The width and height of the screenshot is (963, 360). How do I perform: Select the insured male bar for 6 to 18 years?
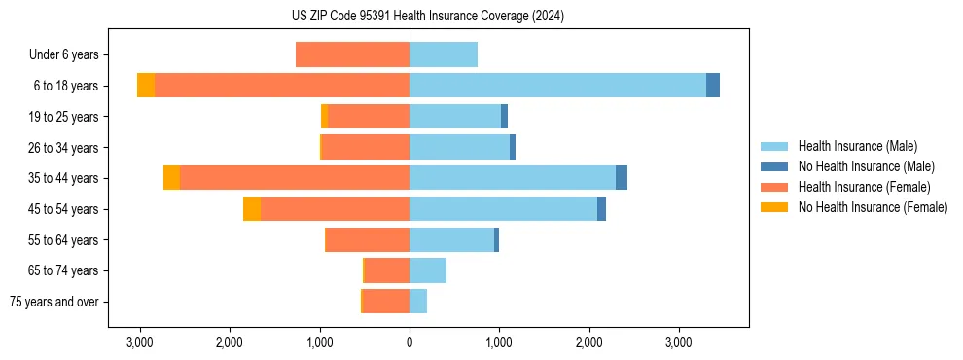click(557, 86)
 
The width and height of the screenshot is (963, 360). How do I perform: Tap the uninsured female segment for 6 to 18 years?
click(146, 86)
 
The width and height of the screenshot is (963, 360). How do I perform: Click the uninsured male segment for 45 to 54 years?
click(601, 209)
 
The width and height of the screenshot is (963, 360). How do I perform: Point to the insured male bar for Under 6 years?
click(444, 54)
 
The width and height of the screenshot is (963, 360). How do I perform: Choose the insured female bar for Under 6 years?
click(352, 54)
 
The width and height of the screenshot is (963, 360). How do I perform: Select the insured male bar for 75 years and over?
click(418, 302)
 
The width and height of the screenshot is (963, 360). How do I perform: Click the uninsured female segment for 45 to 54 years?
click(252, 209)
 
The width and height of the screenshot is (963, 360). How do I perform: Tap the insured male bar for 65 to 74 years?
click(428, 270)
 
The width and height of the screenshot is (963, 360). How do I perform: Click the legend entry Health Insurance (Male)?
click(857, 146)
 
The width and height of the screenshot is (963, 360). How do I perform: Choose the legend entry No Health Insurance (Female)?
click(873, 207)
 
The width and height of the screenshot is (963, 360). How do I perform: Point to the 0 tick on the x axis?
click(410, 342)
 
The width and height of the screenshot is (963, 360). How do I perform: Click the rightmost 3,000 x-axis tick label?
click(679, 342)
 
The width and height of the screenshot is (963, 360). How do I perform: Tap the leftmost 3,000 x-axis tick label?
click(140, 342)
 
